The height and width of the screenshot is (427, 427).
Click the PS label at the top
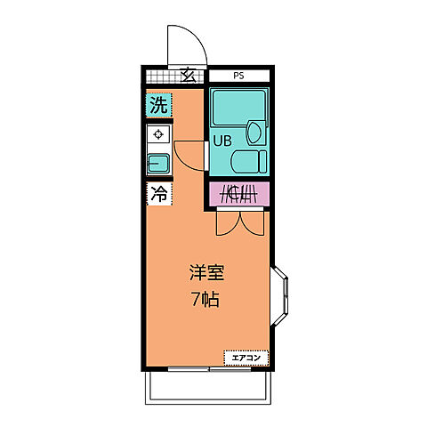(x=238, y=76)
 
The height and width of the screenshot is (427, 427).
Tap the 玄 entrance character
(x=189, y=76)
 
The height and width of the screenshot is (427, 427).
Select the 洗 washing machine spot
(x=157, y=105)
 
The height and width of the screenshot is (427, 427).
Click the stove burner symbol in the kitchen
(x=158, y=135)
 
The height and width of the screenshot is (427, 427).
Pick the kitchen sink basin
(x=158, y=163)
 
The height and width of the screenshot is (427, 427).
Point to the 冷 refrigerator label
(x=158, y=192)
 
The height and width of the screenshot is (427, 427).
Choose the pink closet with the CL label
(x=238, y=193)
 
